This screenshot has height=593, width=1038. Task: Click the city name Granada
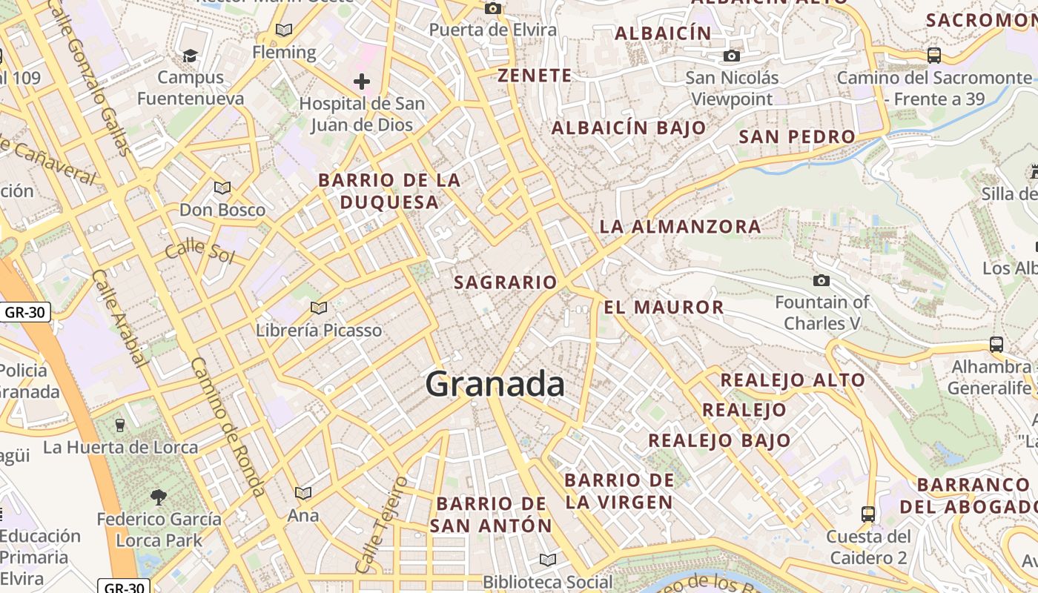495,384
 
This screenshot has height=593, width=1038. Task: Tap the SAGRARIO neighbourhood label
505,282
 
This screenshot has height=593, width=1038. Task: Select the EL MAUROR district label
664,307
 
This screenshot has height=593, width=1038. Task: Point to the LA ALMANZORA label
680,227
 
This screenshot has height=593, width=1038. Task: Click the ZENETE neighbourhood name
535,76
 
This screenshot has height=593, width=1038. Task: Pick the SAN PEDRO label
797,137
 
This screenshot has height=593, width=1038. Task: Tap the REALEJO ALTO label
793,380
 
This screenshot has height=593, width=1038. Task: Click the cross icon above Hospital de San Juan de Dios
362,81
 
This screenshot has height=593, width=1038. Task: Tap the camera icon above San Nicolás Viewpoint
732,56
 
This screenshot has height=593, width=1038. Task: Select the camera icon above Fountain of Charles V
822,280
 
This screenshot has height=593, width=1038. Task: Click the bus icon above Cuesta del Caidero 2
868,513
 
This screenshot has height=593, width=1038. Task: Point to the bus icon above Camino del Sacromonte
934,55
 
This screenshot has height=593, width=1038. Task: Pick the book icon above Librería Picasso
319,308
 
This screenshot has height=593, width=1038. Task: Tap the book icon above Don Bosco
222,188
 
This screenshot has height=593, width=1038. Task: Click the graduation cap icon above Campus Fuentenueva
191,56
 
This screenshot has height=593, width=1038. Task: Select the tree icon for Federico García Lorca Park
159,497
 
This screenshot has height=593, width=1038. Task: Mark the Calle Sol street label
199,251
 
